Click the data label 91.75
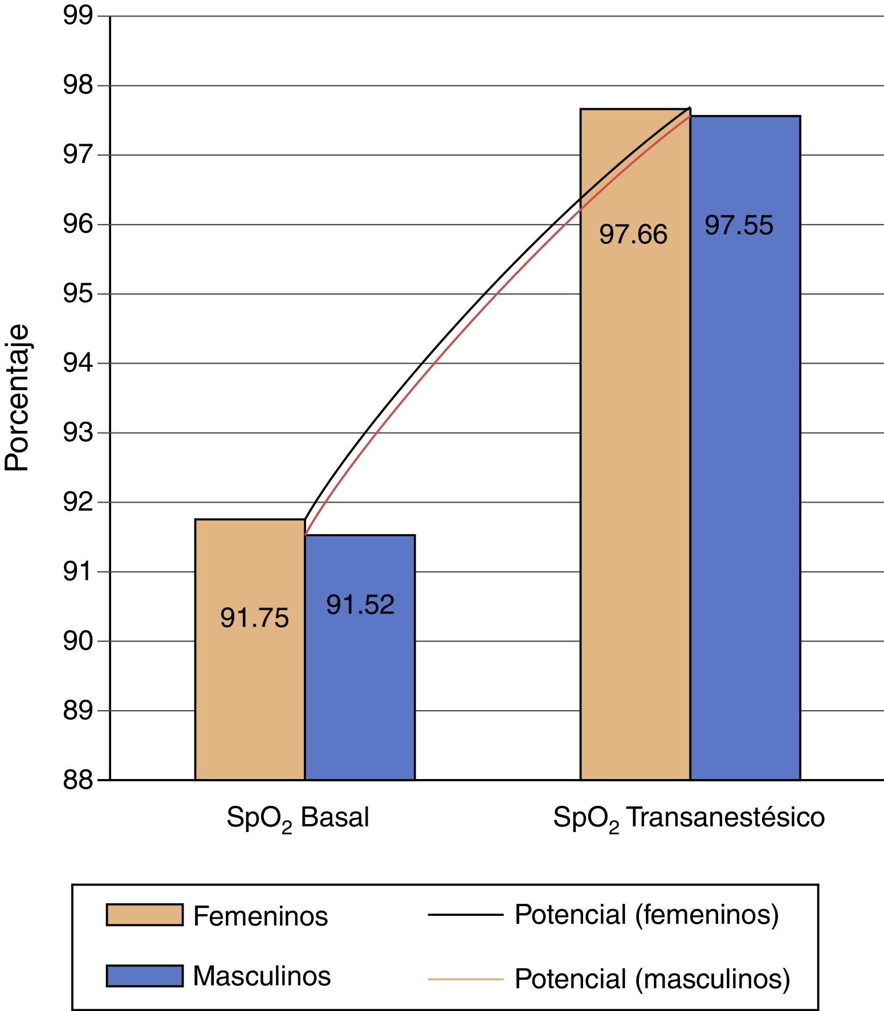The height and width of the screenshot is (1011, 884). [x=254, y=618]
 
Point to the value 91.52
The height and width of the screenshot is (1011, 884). [x=360, y=605]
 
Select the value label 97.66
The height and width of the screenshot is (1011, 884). [x=633, y=234]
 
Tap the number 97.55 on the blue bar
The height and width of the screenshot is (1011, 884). [x=739, y=225]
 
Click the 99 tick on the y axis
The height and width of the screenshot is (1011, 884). [x=78, y=16]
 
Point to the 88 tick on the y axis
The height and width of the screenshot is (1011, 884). [x=78, y=780]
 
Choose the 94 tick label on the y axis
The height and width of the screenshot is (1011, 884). [x=78, y=363]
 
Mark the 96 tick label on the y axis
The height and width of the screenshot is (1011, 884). [x=78, y=225]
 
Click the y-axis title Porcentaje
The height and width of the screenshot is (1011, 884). [x=17, y=398]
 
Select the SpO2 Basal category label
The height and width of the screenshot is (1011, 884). [x=298, y=818]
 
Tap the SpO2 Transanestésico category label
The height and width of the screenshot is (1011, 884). [x=689, y=818]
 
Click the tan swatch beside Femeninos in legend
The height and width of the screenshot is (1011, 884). [x=144, y=915]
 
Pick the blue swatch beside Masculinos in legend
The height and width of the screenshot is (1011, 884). [x=144, y=976]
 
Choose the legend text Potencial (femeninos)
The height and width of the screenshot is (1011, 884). [x=646, y=914]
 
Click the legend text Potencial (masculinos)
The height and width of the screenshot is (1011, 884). [x=652, y=979]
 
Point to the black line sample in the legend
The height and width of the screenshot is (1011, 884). [x=465, y=915]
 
